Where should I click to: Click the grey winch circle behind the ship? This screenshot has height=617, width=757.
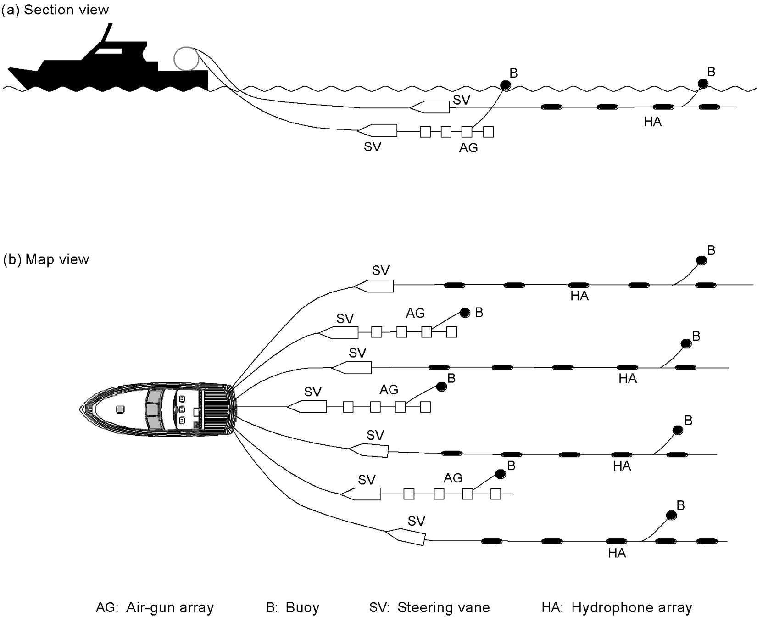pos(186,59)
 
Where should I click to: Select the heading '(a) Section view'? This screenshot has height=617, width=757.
pos(56,10)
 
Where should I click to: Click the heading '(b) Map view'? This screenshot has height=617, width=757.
pos(46,259)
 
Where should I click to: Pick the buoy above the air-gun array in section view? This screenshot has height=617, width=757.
pos(505,85)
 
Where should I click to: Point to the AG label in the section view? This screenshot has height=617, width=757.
pos(468,148)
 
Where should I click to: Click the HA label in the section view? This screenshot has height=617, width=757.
pos(652,122)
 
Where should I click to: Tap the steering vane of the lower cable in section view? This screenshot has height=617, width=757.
pos(378,130)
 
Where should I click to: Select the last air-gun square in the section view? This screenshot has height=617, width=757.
pos(489,132)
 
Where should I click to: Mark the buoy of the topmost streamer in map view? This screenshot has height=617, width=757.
pos(701,260)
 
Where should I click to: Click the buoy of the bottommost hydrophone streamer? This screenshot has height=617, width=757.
pos(671,515)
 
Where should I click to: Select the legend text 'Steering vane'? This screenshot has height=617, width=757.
pos(443,608)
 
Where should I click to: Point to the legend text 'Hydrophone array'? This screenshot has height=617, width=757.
pos(632,608)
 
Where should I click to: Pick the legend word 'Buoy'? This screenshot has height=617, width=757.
pos(302,608)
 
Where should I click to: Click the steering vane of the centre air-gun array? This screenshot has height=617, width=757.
pos(308,407)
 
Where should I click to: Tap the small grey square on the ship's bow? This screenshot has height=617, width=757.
pos(120,409)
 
